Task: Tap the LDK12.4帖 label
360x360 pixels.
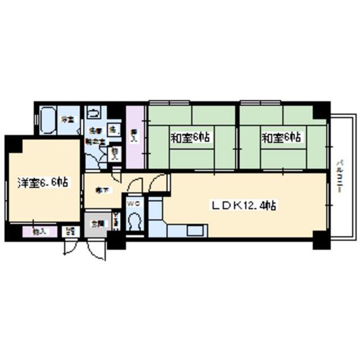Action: (243, 206)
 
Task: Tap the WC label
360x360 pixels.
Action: (133, 204)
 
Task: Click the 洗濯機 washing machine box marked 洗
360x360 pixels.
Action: (113, 130)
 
